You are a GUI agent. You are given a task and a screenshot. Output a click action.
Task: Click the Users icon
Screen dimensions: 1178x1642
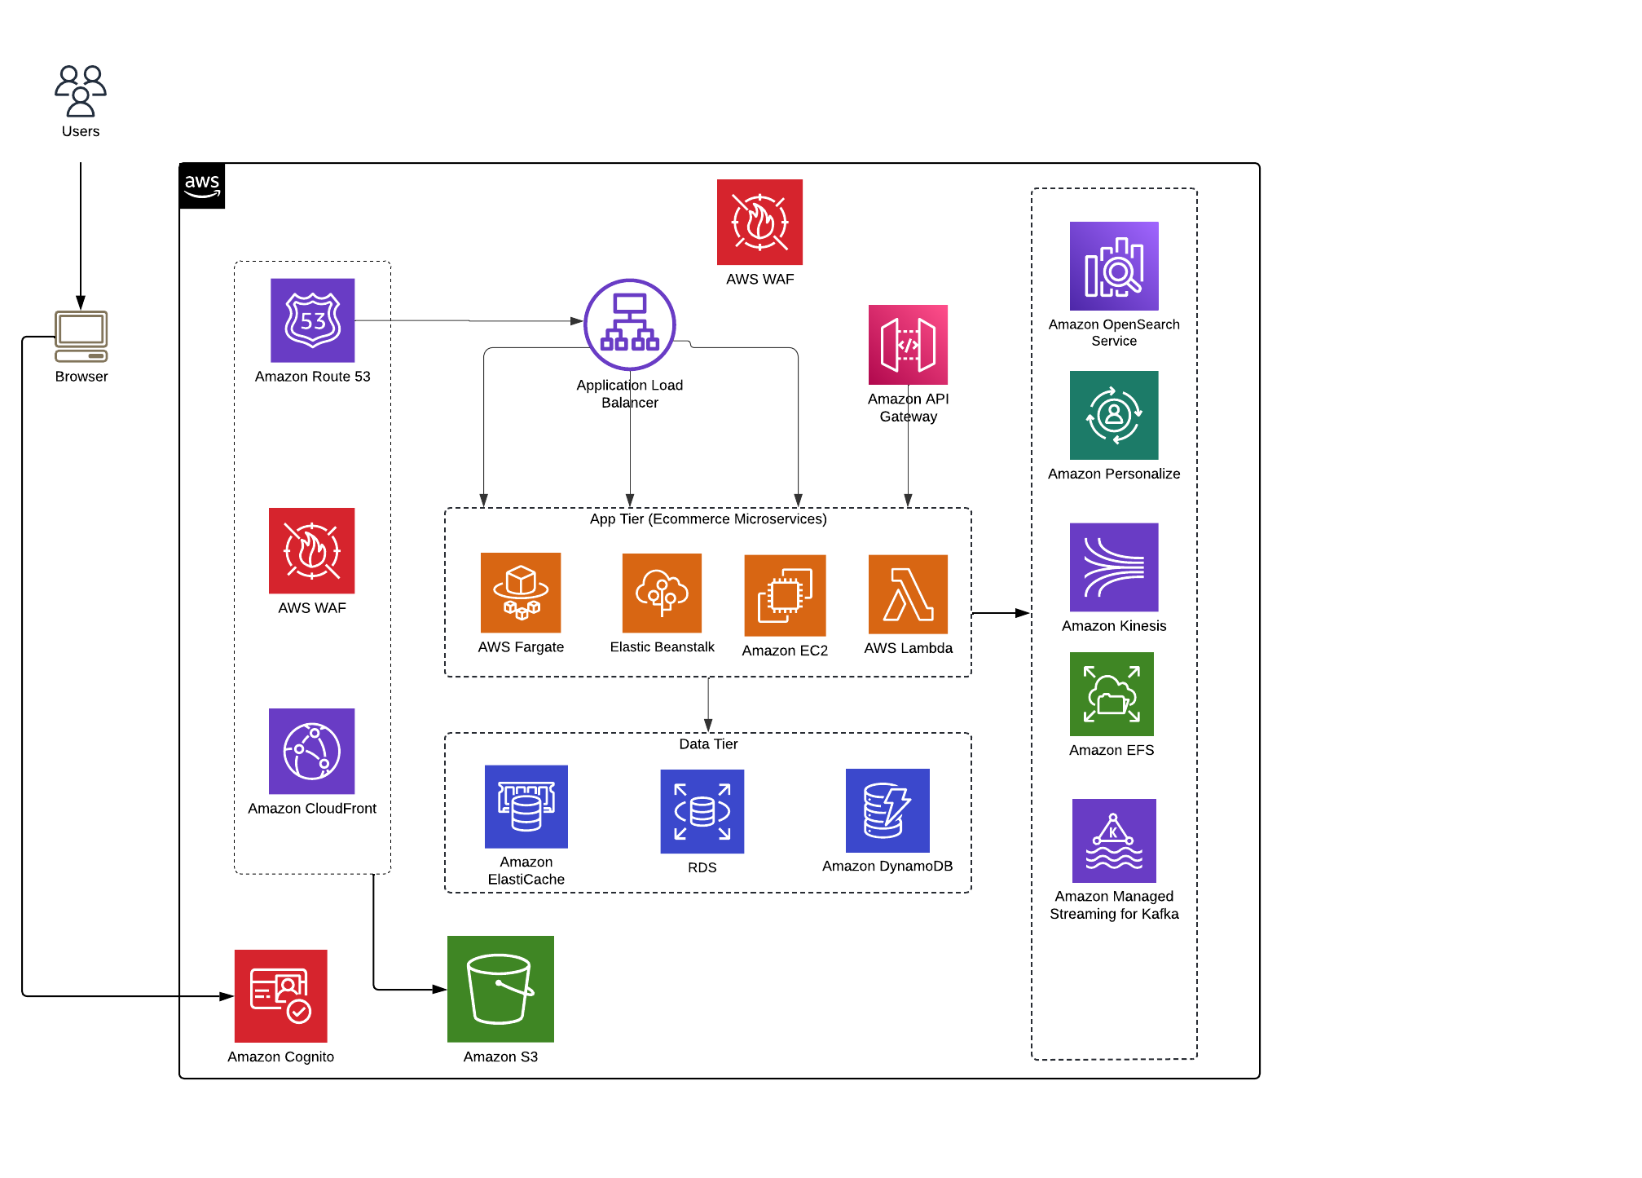(x=81, y=90)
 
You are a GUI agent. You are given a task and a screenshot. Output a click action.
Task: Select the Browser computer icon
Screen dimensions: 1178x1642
(x=81, y=335)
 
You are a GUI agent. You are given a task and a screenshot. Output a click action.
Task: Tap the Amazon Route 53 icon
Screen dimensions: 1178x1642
(x=313, y=320)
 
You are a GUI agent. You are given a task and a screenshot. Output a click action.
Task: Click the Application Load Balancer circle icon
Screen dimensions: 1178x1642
(x=630, y=324)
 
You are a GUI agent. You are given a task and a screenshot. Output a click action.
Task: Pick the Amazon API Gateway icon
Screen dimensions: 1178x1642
(x=908, y=345)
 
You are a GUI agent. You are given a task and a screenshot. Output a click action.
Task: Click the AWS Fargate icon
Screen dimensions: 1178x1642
(x=521, y=593)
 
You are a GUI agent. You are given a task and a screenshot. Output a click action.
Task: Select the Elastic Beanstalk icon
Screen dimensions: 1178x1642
(x=662, y=593)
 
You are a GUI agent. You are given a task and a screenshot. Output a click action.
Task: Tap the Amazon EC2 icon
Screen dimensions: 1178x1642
(x=785, y=596)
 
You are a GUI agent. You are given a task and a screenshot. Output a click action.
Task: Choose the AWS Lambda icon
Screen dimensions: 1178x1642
(x=908, y=594)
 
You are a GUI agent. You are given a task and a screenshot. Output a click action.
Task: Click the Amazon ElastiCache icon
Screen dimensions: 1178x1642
(x=526, y=806)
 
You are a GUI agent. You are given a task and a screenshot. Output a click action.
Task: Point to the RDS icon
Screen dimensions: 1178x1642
(x=702, y=811)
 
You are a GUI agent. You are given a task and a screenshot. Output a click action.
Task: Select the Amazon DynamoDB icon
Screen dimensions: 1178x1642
(x=887, y=810)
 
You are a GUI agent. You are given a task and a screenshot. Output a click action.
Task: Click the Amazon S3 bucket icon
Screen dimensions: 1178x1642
(x=500, y=989)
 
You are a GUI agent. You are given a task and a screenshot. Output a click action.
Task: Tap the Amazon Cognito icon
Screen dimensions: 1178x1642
(x=281, y=996)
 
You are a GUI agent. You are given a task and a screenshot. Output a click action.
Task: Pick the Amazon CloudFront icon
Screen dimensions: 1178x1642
(x=312, y=751)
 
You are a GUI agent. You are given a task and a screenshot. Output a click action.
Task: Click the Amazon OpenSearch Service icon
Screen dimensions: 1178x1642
(x=1114, y=266)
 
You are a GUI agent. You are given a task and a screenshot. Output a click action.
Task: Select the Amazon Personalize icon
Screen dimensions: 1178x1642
(x=1114, y=415)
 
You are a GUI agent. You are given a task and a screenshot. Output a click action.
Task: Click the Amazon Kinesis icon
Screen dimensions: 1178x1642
(x=1114, y=567)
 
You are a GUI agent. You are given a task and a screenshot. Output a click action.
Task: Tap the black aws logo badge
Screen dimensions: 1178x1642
(x=202, y=186)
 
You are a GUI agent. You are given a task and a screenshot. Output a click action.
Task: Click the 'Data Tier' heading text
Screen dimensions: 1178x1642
(x=708, y=744)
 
